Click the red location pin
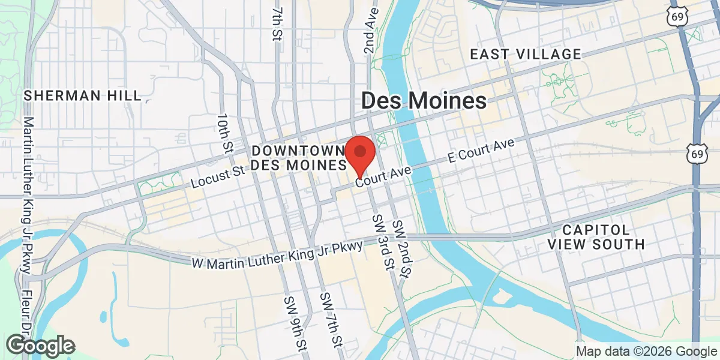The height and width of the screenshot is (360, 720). tap(360, 155)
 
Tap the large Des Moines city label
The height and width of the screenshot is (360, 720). tap(424, 101)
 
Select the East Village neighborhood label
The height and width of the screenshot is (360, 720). tap(526, 55)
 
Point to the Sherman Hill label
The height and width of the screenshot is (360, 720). tap(83, 95)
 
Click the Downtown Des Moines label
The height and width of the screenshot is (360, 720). tap(299, 157)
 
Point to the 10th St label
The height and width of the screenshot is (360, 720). tap(225, 132)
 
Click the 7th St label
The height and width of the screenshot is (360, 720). tap(277, 22)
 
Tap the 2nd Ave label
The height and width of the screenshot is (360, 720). tap(370, 30)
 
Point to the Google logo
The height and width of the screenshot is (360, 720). tap(41, 346)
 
